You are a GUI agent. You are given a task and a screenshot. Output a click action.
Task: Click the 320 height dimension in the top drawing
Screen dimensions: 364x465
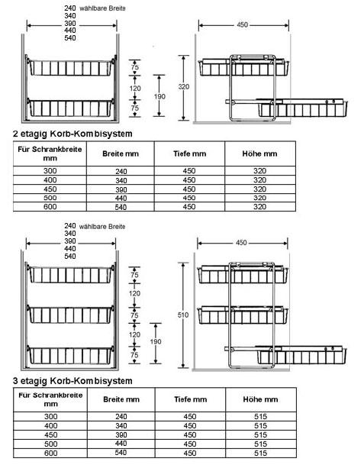pos(184,87)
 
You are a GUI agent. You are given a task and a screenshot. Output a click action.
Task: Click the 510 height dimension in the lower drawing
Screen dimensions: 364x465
pos(183,315)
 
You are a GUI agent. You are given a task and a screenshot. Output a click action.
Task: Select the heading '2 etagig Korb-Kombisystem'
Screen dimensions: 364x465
pos(72,134)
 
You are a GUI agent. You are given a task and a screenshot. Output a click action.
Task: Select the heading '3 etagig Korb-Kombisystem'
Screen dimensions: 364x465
pos(72,381)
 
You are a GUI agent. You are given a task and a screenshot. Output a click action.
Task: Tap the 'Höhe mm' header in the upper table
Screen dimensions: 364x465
pos(259,153)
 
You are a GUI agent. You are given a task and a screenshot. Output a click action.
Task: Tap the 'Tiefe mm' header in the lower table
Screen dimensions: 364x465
pos(190,399)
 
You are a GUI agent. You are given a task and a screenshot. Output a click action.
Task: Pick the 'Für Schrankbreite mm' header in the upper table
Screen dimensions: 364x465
pos(50,153)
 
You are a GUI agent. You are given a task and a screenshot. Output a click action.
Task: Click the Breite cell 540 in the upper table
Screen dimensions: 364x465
pos(121,207)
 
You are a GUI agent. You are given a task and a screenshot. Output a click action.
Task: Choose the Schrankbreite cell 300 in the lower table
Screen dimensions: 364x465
pos(50,416)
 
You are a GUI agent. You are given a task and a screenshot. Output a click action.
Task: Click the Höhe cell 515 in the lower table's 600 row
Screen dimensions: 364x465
pos(260,453)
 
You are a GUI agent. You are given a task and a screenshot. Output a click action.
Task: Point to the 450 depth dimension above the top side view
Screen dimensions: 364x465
pos(242,25)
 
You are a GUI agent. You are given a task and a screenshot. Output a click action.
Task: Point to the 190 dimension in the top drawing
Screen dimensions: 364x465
pos(159,96)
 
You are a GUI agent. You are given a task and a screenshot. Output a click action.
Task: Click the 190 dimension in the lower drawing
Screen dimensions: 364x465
pos(156,341)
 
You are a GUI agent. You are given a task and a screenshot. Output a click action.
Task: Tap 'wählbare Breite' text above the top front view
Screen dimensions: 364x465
pos(102,8)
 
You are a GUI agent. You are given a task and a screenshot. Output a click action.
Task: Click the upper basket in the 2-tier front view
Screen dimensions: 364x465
pos(70,68)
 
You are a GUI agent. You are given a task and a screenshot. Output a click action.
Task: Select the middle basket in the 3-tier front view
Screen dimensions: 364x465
pos(70,315)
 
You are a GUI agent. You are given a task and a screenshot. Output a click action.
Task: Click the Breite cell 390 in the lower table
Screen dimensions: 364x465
pos(121,435)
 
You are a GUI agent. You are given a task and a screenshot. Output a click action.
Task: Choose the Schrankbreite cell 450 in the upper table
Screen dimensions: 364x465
pos(50,189)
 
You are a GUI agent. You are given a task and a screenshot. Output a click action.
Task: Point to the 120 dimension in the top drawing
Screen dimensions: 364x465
pos(135,89)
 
